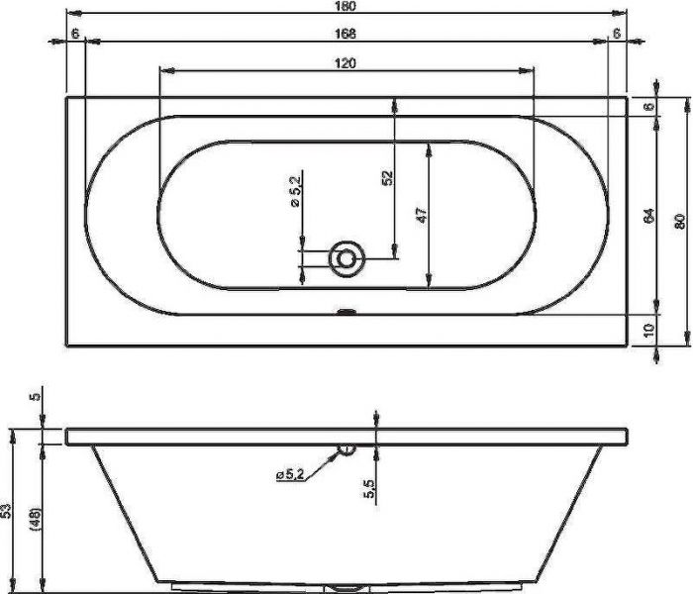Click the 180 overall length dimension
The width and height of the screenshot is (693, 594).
point(346,6)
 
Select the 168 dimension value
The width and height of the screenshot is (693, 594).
point(346,34)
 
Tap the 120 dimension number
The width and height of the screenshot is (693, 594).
point(346,63)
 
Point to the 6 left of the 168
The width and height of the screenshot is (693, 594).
point(75,34)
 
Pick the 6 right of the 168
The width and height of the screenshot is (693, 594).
point(617,34)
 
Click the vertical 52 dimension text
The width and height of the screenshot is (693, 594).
point(387,177)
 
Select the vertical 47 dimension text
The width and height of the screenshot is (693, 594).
point(422,215)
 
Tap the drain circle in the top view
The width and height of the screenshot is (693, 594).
point(346,259)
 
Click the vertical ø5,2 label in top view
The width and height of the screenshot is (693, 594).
point(295,190)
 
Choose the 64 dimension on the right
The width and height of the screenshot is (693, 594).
point(649,215)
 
